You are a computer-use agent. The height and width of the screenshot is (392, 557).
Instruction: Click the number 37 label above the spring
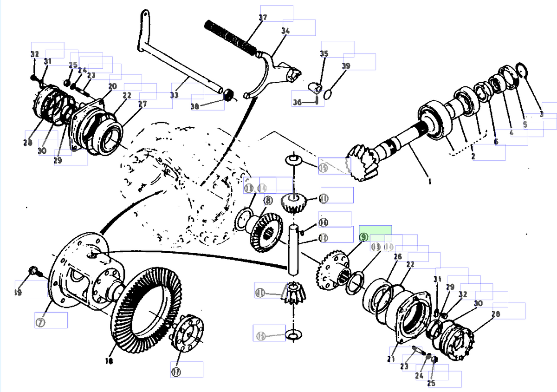coord(263,18)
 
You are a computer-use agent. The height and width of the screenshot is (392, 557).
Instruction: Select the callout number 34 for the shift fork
coord(285,31)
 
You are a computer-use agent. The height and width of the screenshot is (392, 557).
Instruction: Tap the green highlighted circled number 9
coord(363,237)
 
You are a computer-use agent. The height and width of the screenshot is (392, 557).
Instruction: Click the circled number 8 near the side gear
coord(268,201)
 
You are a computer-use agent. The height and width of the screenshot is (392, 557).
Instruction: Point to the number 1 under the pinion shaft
coord(429,183)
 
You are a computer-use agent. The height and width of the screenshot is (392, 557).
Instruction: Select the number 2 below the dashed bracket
coord(473,157)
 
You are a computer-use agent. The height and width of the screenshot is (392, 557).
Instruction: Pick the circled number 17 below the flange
coord(175,372)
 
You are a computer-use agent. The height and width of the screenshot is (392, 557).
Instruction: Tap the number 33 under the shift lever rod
coord(174,95)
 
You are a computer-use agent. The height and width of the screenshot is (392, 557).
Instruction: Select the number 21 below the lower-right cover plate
coord(391,359)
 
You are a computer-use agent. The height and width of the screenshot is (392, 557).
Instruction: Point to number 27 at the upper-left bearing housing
coord(142,104)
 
